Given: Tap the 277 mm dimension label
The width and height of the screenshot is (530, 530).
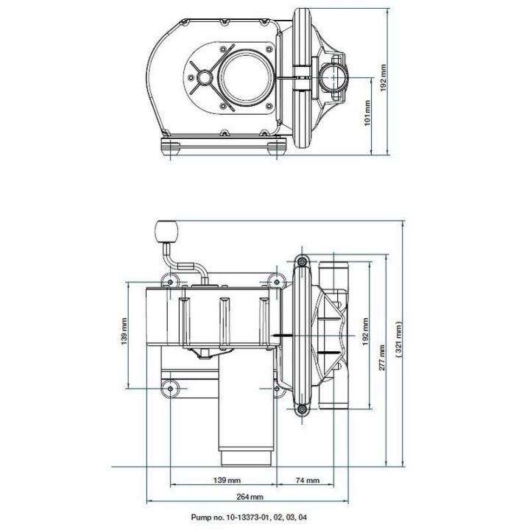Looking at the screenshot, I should coord(383,358).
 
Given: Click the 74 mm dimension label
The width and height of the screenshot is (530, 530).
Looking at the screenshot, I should coord(308,480).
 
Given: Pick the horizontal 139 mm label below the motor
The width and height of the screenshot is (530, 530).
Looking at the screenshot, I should coord(223,480).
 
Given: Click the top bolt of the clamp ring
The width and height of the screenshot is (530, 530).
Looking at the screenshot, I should coord(301,261).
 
